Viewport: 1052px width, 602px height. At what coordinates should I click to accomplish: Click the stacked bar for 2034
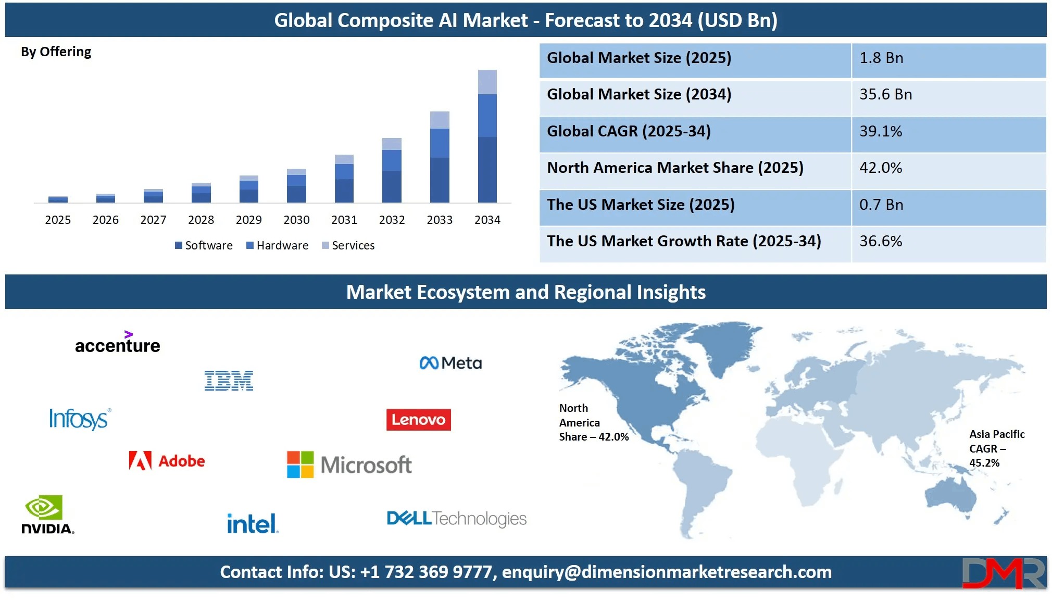coord(487,136)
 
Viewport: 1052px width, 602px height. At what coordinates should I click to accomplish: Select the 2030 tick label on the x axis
coord(296,220)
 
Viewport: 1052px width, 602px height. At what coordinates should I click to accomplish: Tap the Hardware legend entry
coord(277,245)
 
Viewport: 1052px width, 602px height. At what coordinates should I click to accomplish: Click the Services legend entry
coord(348,245)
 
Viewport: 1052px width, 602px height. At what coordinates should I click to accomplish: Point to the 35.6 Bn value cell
coord(885,95)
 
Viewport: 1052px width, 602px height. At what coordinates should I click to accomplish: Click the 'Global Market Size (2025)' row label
coord(639,58)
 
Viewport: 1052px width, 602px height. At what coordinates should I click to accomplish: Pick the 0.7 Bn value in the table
coord(881,205)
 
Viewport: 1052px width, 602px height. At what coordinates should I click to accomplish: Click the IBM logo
coord(229,381)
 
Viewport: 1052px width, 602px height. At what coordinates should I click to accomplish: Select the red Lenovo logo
coord(418,420)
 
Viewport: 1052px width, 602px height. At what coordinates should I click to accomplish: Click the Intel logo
coord(253,523)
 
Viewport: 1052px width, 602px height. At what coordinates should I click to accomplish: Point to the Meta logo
coord(450,363)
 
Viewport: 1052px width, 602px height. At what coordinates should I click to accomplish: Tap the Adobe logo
coord(167,461)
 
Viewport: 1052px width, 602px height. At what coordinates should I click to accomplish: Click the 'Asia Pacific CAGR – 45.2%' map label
coord(996,448)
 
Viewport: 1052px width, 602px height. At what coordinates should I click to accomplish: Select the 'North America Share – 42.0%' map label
coord(593,422)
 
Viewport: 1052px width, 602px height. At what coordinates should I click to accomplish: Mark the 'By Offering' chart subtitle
coord(56,52)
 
